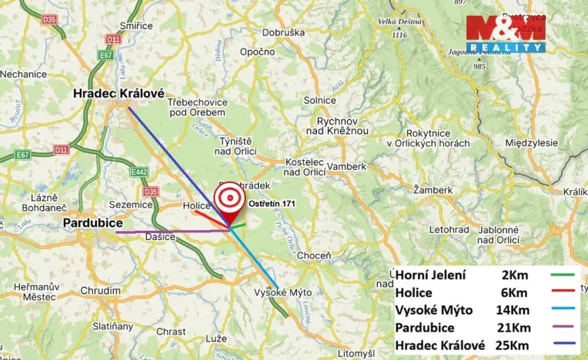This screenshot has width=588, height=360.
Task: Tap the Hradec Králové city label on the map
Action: tap(119, 94)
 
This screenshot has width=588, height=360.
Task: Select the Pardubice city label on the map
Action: tap(94, 223)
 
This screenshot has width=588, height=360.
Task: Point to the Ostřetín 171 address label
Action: tap(272, 203)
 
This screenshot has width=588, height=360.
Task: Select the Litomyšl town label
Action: tap(356, 352)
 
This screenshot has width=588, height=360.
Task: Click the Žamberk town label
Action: tap(433, 189)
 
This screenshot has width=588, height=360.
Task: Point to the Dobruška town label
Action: tap(283, 32)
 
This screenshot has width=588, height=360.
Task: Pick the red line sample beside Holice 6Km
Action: tap(563, 293)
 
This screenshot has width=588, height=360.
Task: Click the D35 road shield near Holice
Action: tap(151, 192)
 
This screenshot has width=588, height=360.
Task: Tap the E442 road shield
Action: tap(139, 172)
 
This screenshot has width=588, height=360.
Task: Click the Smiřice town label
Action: tap(136, 25)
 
